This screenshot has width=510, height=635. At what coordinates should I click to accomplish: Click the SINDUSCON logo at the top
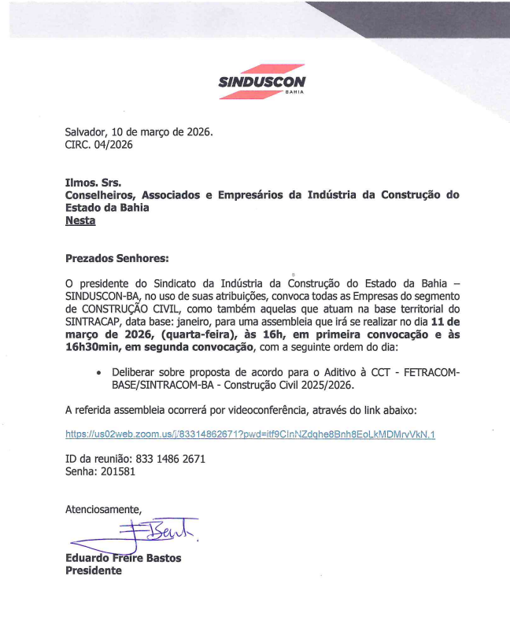[261, 81]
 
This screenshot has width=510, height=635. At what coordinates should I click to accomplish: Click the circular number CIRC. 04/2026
[98, 145]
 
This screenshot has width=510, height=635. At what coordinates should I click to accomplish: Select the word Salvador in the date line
[88, 131]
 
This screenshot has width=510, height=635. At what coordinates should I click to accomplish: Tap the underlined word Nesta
[79, 221]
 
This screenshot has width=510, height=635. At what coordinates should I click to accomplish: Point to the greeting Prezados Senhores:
[116, 257]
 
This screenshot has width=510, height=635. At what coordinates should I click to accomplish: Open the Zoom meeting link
[249, 434]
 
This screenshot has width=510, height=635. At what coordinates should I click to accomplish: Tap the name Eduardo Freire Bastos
[123, 558]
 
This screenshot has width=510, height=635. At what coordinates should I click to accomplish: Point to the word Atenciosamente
[103, 508]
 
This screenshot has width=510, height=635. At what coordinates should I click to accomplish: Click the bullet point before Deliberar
[98, 371]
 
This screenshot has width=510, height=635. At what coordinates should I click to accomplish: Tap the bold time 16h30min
[96, 347]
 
